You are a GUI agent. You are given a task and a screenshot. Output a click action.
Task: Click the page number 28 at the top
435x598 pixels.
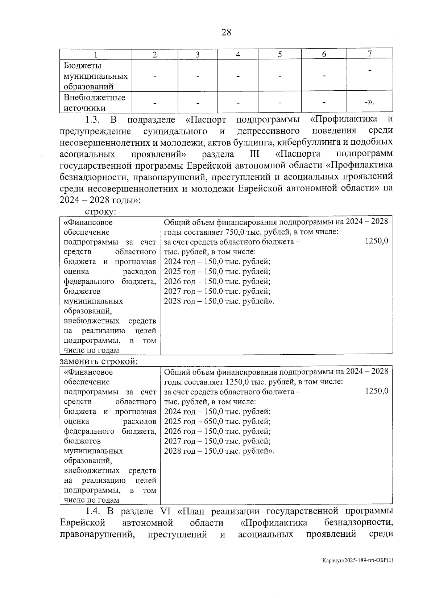click(226, 32)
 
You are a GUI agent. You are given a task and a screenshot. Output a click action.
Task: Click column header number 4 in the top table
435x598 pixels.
click(238, 54)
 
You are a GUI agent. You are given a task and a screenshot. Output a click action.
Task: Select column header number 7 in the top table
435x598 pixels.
click(369, 54)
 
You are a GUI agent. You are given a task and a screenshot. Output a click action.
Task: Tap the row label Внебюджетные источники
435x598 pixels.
click(94, 103)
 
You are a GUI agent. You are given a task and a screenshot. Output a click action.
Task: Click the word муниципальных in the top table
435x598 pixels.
click(96, 76)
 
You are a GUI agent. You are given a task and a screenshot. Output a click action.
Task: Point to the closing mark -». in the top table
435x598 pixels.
click(369, 102)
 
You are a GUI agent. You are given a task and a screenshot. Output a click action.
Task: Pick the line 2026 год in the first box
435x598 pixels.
click(217, 281)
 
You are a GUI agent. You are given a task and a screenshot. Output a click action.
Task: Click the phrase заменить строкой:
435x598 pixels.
click(99, 362)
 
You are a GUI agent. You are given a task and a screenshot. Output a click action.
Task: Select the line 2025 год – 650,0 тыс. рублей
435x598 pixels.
click(217, 421)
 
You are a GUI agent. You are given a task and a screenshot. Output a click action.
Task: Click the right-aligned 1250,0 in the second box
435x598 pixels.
click(377, 391)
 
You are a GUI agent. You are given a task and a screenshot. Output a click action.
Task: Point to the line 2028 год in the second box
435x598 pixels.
click(219, 451)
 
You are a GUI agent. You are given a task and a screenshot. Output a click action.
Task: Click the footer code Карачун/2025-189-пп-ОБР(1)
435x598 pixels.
click(358, 570)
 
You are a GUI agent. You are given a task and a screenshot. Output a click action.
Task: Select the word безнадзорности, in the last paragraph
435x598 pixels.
click(359, 523)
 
